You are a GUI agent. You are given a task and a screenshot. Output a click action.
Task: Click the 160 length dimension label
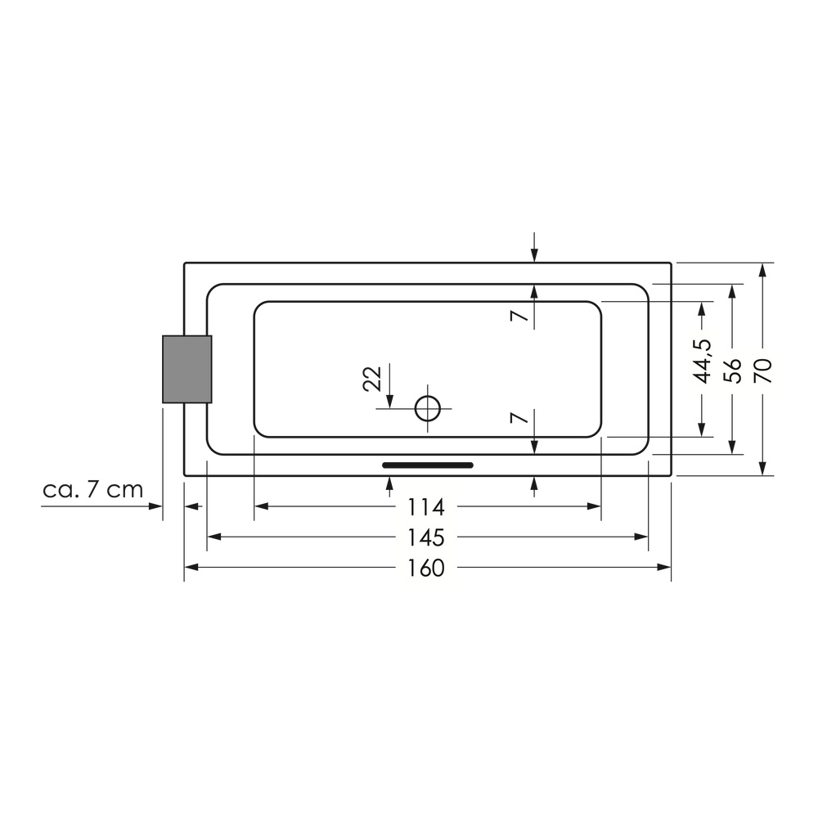click(425, 569)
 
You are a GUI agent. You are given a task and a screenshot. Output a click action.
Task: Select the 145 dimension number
click(425, 538)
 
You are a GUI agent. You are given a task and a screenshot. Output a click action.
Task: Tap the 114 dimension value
click(425, 507)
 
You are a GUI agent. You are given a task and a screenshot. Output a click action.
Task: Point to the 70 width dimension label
click(763, 371)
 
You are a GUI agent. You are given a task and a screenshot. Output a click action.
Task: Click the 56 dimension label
click(732, 371)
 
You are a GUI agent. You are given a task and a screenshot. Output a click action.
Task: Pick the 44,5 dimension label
click(702, 361)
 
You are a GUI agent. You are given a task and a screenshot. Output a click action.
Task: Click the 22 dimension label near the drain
click(372, 379)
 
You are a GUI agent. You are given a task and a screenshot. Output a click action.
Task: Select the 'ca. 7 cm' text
click(93, 490)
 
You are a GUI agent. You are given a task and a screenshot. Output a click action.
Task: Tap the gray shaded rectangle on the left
click(187, 370)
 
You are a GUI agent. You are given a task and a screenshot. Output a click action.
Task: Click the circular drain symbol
click(428, 408)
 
